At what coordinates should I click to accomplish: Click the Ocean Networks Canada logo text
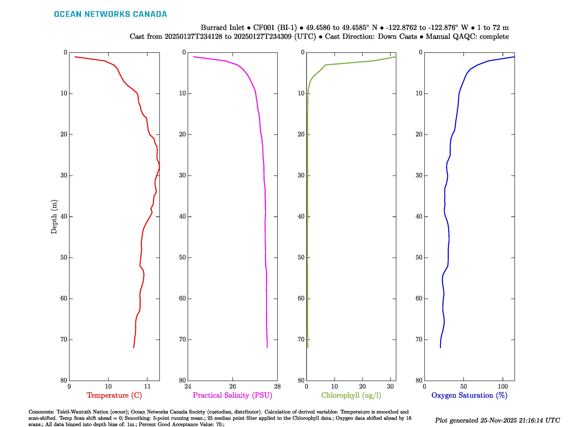coord(110,14)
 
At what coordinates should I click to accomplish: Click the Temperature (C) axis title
coord(114,395)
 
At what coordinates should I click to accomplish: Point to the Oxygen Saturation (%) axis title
coord(469,395)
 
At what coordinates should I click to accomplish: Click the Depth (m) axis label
coord(54,217)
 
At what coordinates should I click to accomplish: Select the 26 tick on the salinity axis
coord(233,386)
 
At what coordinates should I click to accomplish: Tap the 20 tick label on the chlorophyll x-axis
coord(362,386)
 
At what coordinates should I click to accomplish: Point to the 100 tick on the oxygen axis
coord(503,386)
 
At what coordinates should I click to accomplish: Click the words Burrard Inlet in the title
coord(222,28)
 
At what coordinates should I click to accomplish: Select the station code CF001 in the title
coord(264,28)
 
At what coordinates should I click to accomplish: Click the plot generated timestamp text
coord(497,420)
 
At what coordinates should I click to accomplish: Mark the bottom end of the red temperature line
coord(134,348)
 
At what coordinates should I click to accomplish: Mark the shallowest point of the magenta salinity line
coord(193,57)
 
